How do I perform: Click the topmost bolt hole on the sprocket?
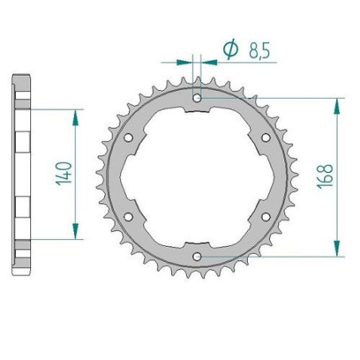[197, 99]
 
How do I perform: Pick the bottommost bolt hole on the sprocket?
[197, 256]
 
